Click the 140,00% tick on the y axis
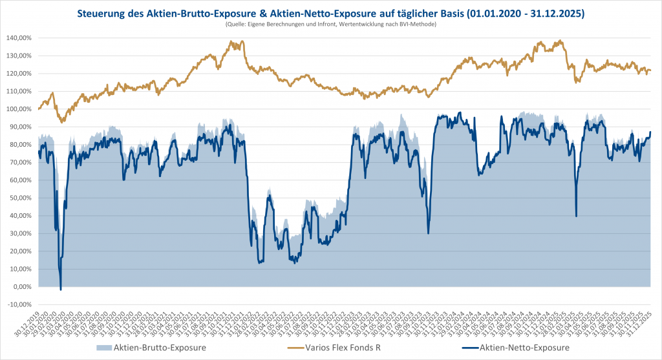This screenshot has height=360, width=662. coord(20,38)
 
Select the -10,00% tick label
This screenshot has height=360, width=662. coord(20,304)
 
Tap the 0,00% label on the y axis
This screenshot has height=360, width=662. coord(23,287)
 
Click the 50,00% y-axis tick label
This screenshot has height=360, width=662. coord(21,198)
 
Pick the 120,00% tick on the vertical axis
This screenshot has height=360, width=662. coord(20,74)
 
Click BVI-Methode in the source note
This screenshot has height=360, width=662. coord(422,24)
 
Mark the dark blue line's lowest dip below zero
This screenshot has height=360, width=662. coord(61,290)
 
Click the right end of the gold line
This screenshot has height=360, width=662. coord(650,70)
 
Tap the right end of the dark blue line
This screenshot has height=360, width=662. coord(650,132)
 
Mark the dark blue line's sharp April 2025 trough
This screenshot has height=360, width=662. coord(576,216)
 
